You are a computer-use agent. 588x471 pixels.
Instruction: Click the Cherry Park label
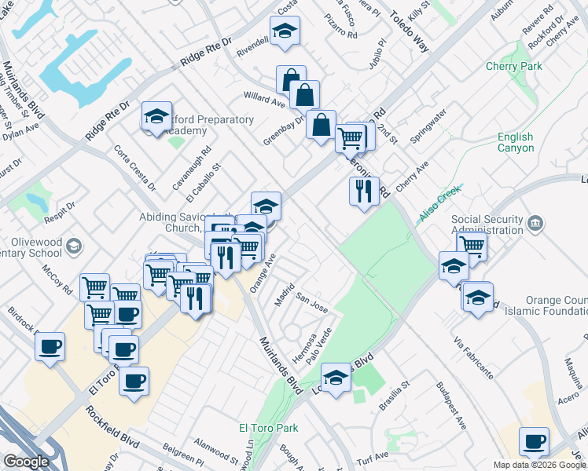point(514,67)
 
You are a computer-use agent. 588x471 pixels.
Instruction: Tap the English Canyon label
point(515,142)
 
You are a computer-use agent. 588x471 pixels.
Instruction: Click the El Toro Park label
point(269,429)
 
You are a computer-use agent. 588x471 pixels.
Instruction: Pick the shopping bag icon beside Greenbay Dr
point(321,123)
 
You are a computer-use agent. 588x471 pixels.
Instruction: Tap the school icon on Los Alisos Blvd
point(336,380)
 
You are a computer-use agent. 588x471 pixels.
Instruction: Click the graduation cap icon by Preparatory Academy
point(156,116)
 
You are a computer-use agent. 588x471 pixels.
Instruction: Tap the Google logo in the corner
point(25,462)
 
